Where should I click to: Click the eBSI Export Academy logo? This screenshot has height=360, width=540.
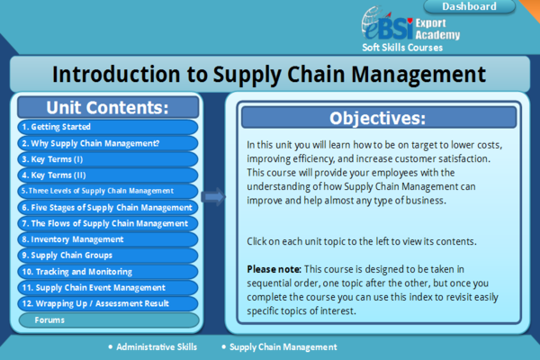[410, 24]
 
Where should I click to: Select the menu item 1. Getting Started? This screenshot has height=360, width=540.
[107, 127]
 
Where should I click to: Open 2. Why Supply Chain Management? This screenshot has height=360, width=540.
[107, 142]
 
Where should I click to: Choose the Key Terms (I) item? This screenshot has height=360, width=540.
[107, 158]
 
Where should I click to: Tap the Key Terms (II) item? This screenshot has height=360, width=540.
[107, 175]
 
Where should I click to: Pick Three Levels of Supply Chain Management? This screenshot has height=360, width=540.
[107, 191]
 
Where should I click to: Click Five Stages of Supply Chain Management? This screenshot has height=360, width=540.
[107, 207]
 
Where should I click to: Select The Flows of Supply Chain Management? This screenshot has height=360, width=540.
[107, 223]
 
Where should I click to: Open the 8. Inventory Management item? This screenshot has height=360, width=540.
[107, 239]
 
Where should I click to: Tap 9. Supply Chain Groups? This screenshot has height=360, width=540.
[107, 256]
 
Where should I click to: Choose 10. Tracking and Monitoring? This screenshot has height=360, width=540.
[107, 272]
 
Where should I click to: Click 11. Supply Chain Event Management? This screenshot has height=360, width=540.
[107, 288]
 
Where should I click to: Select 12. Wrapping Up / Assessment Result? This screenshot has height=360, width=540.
[107, 304]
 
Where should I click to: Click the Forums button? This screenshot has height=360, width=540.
[107, 320]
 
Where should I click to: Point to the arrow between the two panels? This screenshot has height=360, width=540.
[213, 196]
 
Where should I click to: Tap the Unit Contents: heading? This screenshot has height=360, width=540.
[107, 107]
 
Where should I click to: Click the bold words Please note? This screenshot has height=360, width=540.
[274, 269]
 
